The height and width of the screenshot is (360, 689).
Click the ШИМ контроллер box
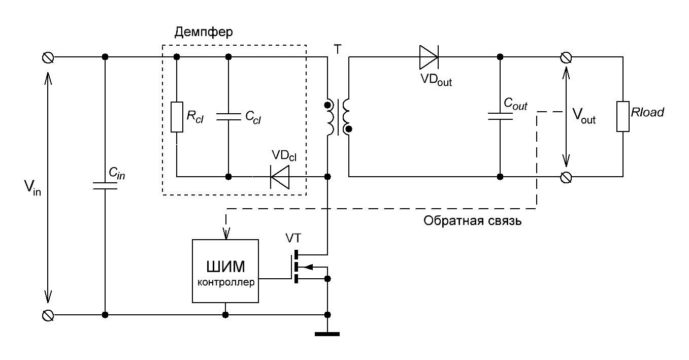tap(225, 271)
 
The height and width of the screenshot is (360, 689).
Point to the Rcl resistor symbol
tap(177, 117)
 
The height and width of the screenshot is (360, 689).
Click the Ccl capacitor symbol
tap(228, 117)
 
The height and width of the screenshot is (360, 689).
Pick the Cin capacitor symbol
tap(105, 186)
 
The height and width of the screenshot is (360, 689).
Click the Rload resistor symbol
tap(623, 117)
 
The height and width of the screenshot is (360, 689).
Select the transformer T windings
tap(338, 117)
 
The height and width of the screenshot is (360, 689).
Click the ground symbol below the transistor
tap(327, 333)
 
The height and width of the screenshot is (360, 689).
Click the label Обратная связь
tap(473, 222)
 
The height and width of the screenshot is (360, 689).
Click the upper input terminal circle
tap(47, 57)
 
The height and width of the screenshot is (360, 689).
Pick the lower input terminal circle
tap(47, 315)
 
